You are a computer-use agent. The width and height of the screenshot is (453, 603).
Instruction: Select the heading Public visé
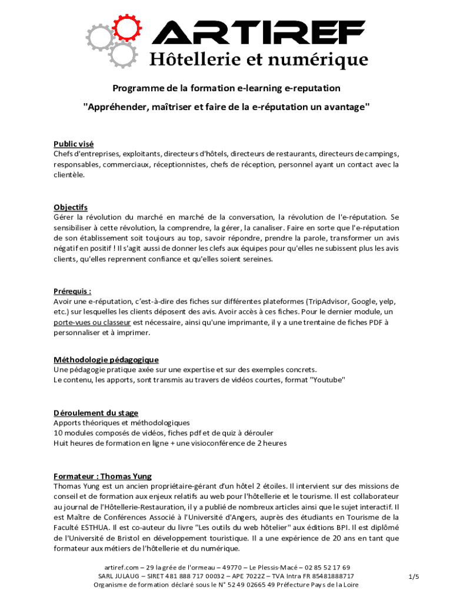click(74, 144)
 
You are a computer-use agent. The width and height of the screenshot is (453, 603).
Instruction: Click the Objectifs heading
click(71, 207)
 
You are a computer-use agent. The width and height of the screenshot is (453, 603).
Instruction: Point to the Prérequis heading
click(72, 291)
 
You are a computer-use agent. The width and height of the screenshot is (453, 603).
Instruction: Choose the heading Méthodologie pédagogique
click(106, 360)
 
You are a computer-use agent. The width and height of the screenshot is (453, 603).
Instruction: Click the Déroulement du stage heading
click(96, 413)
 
